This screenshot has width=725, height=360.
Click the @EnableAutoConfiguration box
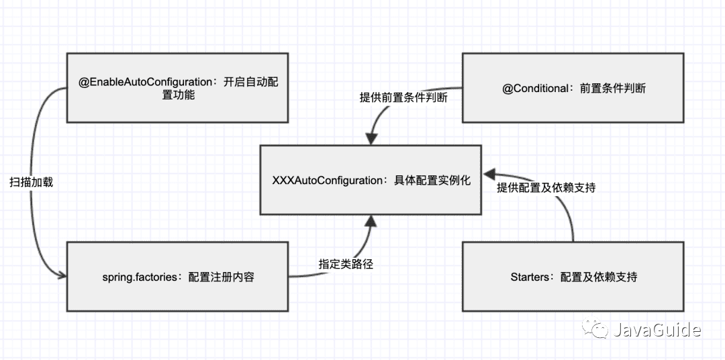(x=178, y=88)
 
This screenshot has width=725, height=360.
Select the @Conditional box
(x=573, y=88)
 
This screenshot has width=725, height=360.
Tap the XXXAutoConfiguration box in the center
(x=372, y=180)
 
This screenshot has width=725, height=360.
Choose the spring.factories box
(x=178, y=277)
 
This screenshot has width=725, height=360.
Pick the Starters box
(x=573, y=277)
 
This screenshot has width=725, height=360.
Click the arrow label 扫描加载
(x=32, y=182)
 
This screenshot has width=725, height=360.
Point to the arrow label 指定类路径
(x=346, y=264)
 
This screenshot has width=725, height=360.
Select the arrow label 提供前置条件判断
(x=403, y=97)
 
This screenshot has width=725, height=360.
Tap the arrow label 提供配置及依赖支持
(x=546, y=188)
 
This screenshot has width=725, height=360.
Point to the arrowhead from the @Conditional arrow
(x=369, y=139)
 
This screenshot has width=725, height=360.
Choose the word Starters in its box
(x=530, y=277)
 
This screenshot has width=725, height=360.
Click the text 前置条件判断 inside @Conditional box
(x=612, y=88)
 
